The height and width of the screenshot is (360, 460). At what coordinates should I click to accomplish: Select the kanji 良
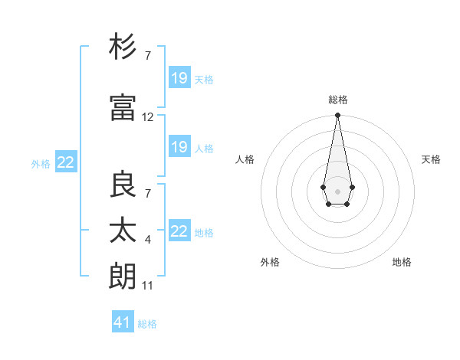(123, 185)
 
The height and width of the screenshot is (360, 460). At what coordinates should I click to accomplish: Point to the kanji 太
(123, 230)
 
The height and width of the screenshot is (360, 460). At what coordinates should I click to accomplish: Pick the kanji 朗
(123, 276)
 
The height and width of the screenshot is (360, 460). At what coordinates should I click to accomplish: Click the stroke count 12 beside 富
(148, 117)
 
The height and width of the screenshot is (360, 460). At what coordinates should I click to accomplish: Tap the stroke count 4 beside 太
(148, 240)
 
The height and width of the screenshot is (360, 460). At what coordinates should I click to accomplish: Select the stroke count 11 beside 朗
(148, 286)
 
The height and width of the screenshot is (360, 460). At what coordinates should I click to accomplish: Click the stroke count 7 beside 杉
(148, 56)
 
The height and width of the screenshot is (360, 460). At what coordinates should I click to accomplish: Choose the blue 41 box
(123, 322)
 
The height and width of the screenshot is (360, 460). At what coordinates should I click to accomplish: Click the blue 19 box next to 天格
(179, 77)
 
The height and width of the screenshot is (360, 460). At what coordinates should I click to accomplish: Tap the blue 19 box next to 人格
(179, 147)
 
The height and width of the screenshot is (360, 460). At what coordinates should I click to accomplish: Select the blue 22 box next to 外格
(66, 162)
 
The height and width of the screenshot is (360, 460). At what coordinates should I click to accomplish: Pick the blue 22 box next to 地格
(179, 231)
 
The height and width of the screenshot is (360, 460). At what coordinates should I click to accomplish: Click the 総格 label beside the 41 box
(147, 324)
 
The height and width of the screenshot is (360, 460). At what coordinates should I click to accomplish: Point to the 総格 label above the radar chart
(337, 100)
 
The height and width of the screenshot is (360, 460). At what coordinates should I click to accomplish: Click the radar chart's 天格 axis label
(431, 159)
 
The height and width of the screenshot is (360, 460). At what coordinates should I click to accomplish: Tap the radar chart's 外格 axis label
(270, 262)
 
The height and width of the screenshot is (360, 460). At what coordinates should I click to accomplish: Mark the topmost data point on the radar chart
(337, 115)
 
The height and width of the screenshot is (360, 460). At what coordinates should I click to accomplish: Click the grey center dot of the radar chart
(337, 190)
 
